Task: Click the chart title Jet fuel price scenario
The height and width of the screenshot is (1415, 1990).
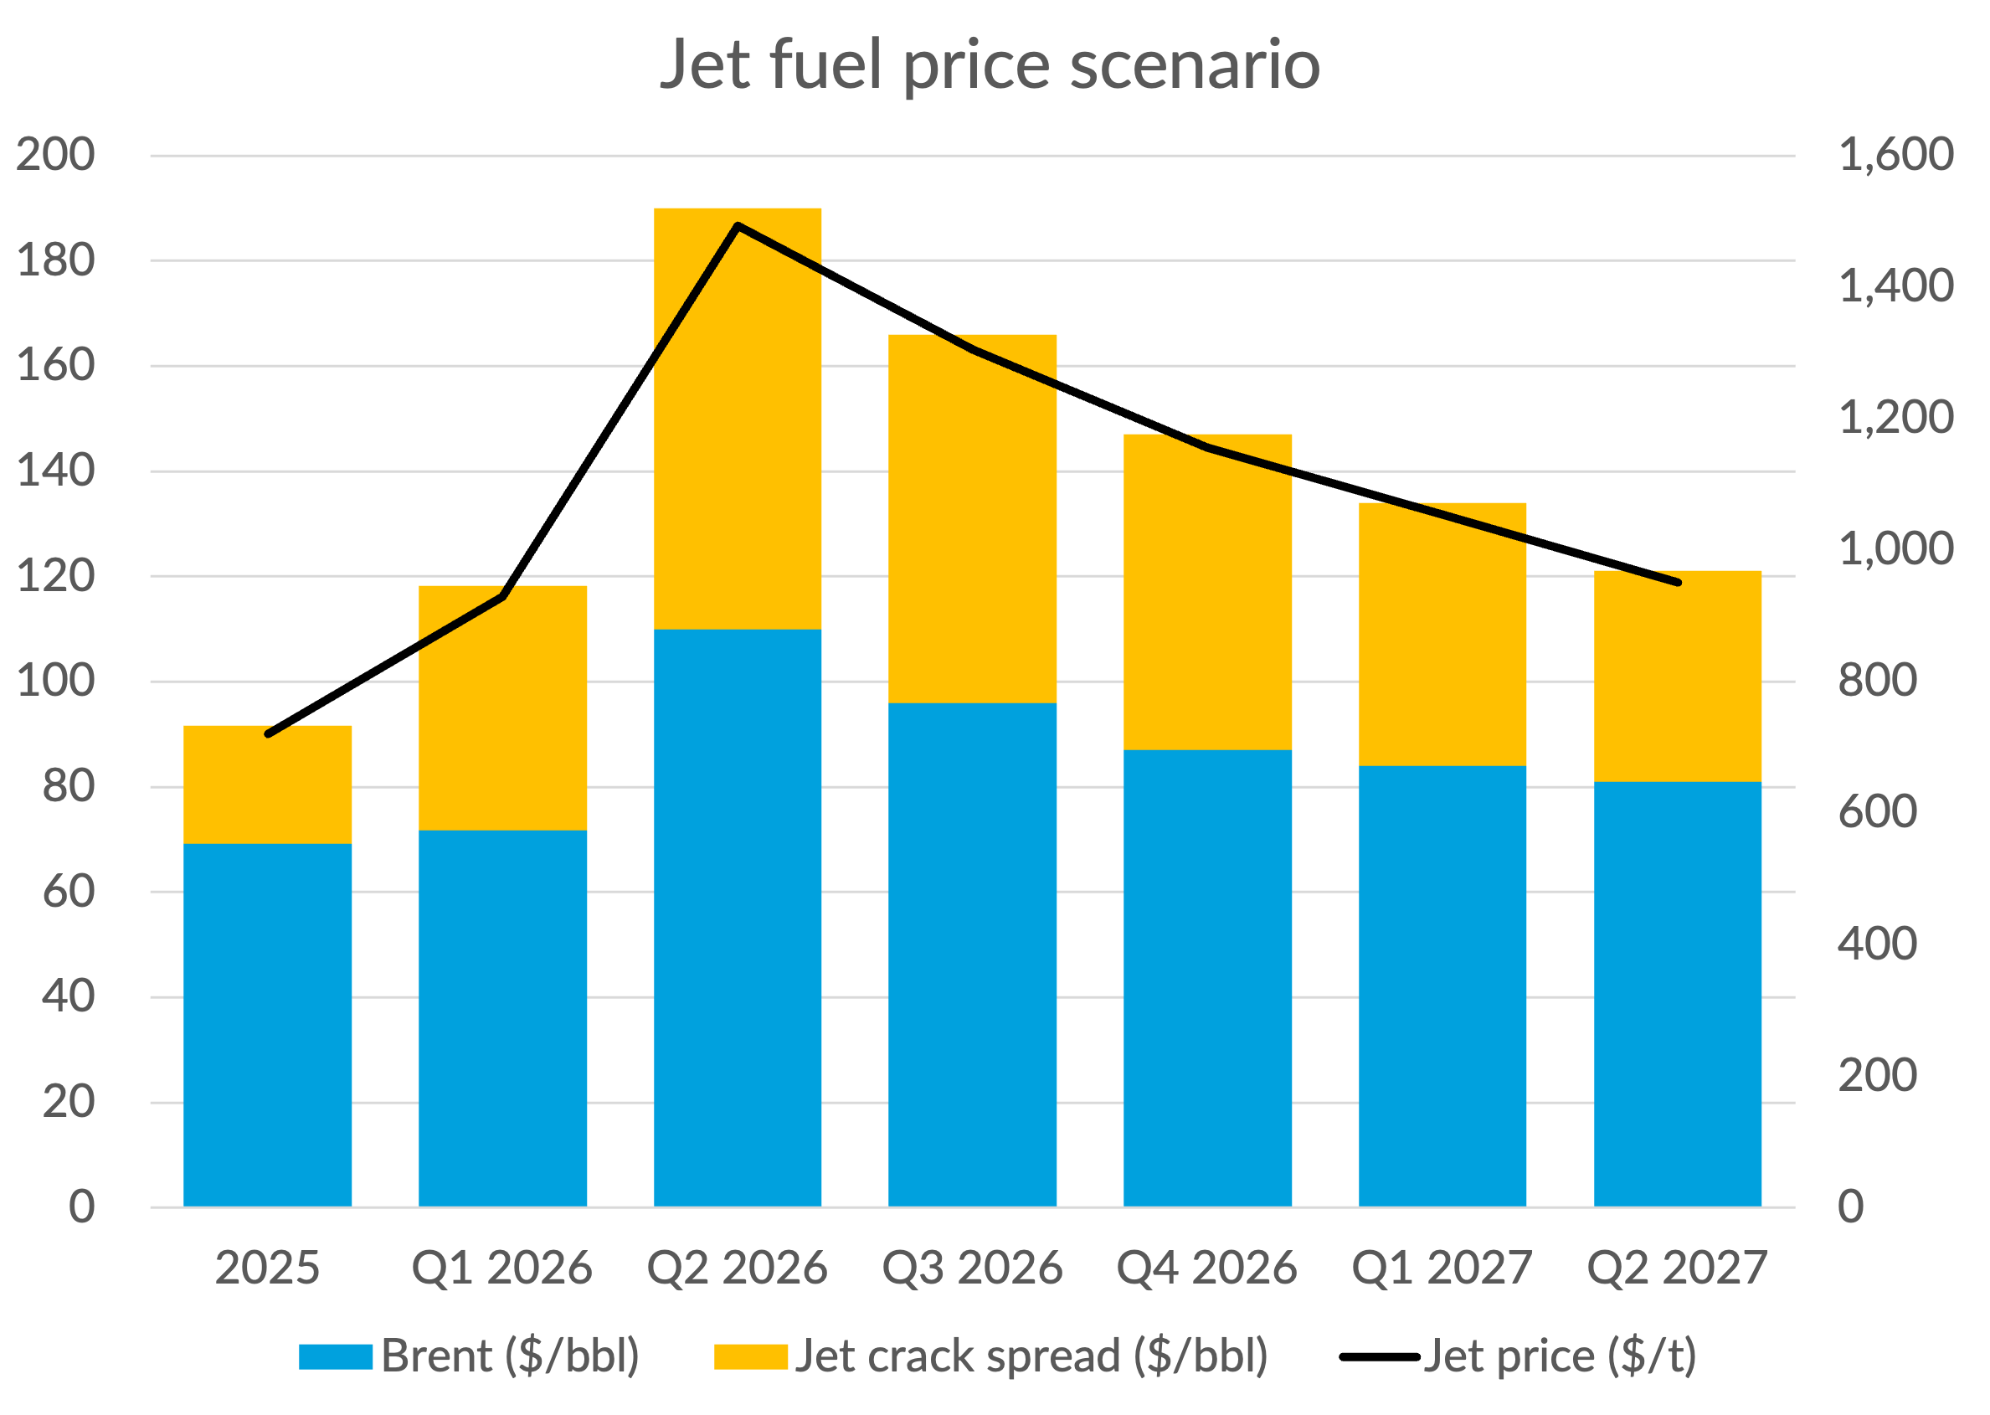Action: [990, 64]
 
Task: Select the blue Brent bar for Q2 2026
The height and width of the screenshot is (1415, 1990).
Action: [737, 917]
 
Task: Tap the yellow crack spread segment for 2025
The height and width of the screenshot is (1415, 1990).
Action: [268, 785]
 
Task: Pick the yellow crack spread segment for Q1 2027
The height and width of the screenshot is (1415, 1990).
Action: [1442, 635]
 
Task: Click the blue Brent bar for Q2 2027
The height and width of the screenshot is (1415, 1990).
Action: [1677, 993]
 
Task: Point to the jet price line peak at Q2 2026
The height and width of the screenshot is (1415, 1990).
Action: [738, 226]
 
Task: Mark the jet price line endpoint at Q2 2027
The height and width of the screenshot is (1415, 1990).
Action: [1678, 582]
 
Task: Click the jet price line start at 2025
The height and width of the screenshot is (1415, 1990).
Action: [268, 733]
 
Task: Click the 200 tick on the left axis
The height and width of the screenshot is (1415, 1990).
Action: [56, 155]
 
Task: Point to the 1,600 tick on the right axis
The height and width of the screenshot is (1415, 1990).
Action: [1896, 155]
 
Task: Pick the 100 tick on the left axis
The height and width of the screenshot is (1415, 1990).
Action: [56, 681]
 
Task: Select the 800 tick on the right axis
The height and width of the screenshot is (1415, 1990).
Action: [1878, 681]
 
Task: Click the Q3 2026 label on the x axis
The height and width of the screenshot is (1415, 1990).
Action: [972, 1268]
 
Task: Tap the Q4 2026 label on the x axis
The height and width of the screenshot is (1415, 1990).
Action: [1206, 1268]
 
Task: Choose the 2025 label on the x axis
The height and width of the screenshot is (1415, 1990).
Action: [268, 1268]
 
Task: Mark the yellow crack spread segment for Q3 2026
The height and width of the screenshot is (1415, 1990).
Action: [972, 518]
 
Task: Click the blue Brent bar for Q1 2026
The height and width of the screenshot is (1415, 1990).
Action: [502, 1017]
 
